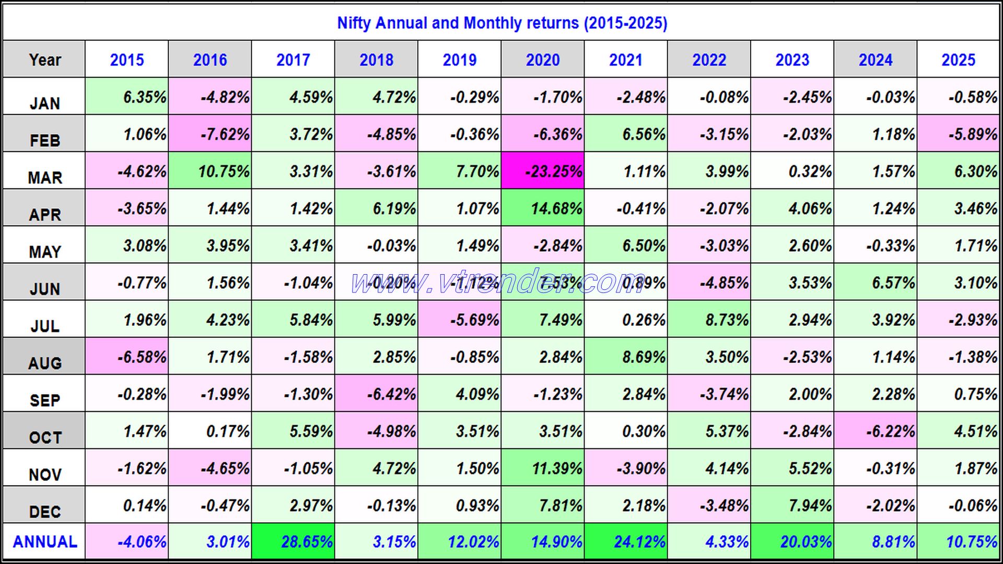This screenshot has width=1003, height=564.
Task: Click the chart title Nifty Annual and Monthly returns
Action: click(x=501, y=23)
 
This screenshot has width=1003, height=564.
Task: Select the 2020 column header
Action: click(x=542, y=60)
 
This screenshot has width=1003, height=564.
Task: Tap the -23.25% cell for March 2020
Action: click(x=543, y=171)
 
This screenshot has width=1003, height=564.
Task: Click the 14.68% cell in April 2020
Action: click(x=543, y=208)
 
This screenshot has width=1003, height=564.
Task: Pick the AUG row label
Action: click(x=44, y=362)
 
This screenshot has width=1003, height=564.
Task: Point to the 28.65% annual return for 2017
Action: click(x=294, y=542)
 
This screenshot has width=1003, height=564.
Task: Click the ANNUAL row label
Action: click(x=44, y=542)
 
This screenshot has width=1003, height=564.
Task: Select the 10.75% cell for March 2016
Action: click(x=211, y=171)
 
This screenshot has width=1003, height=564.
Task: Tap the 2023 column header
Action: click(x=792, y=60)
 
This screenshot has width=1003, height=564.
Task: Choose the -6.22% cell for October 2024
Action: click(x=876, y=431)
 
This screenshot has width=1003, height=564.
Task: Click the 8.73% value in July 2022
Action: click(x=709, y=320)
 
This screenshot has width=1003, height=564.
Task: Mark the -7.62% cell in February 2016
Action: click(x=211, y=134)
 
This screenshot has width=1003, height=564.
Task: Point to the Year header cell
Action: click(x=44, y=60)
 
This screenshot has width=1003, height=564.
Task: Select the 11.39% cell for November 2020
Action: click(x=543, y=468)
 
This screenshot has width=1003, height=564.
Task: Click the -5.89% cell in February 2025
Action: click(x=960, y=134)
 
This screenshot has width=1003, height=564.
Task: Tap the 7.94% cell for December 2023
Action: click(x=793, y=505)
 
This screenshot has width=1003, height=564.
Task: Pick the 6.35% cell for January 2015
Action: click(x=127, y=97)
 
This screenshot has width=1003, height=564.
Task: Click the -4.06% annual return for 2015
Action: click(x=127, y=542)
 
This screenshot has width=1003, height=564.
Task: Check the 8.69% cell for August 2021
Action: click(x=626, y=357)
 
